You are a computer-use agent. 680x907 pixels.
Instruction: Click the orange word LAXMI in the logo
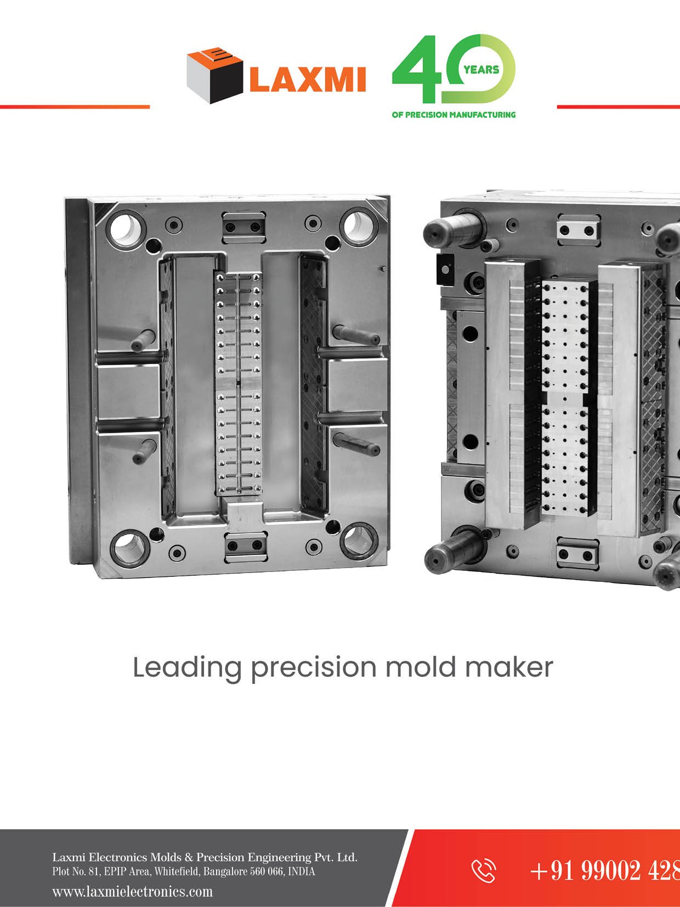pos(307,79)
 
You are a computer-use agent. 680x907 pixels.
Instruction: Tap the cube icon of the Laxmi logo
pos(214,75)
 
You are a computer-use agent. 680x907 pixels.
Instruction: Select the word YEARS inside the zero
pos(481,70)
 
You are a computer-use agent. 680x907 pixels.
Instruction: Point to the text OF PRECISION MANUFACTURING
pos(454,115)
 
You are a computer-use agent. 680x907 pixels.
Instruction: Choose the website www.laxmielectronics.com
pos(132,891)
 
